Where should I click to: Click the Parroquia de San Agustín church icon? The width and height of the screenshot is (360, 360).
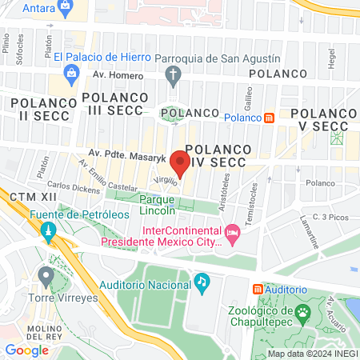pyautogui.click(x=172, y=75)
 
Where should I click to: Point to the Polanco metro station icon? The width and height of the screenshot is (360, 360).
pyautogui.click(x=269, y=118)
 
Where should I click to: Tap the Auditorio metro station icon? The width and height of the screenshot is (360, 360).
pyautogui.click(x=258, y=289)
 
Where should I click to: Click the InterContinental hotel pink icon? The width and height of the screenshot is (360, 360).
pyautogui.click(x=233, y=234)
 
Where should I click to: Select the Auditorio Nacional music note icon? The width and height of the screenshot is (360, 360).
pyautogui.click(x=202, y=282)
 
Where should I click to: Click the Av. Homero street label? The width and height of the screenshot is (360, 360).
pyautogui.click(x=122, y=76)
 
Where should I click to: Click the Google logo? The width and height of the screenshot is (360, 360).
pyautogui.click(x=27, y=350)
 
